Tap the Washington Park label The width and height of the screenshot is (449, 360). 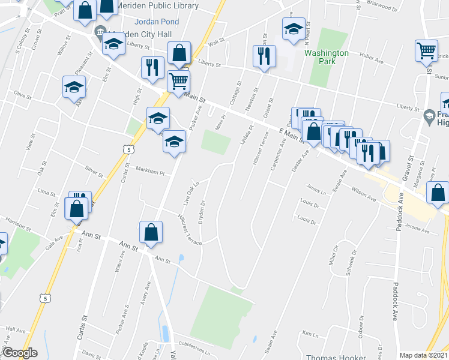(x=326, y=57)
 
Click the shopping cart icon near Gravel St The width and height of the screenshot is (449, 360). (x=426, y=51)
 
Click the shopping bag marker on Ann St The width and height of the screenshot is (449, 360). (x=151, y=232)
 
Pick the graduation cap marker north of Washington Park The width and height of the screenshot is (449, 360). (x=294, y=29)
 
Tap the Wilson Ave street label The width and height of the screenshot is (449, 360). (x=364, y=196)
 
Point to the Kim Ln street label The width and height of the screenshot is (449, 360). (x=310, y=334)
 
